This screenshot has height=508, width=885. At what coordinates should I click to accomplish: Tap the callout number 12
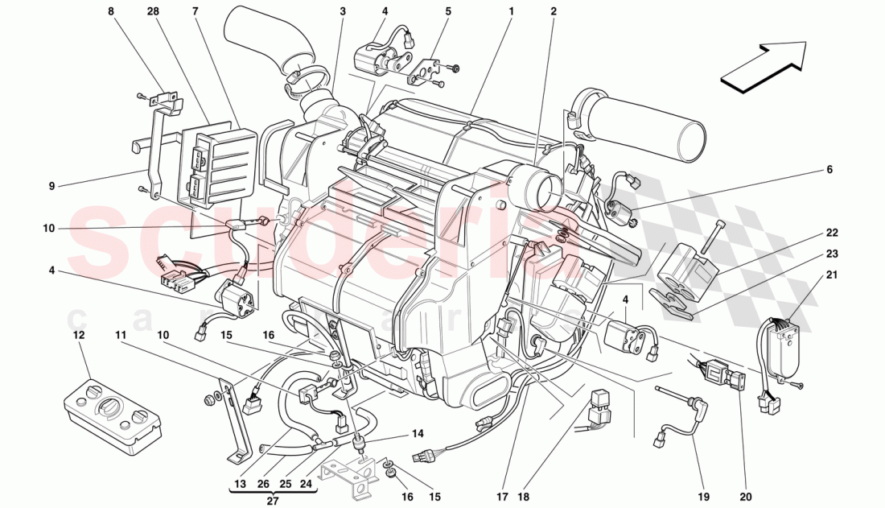pyautogui.click(x=78, y=334)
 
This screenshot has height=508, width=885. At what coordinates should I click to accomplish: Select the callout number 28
pyautogui.click(x=153, y=12)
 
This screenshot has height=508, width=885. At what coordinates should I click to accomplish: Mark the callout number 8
pyautogui.click(x=110, y=12)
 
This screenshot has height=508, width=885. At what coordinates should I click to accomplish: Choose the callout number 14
pyautogui.click(x=418, y=434)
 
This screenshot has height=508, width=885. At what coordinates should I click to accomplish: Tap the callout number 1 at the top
pyautogui.click(x=510, y=12)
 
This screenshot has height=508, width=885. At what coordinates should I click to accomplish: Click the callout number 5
pyautogui.click(x=448, y=12)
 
